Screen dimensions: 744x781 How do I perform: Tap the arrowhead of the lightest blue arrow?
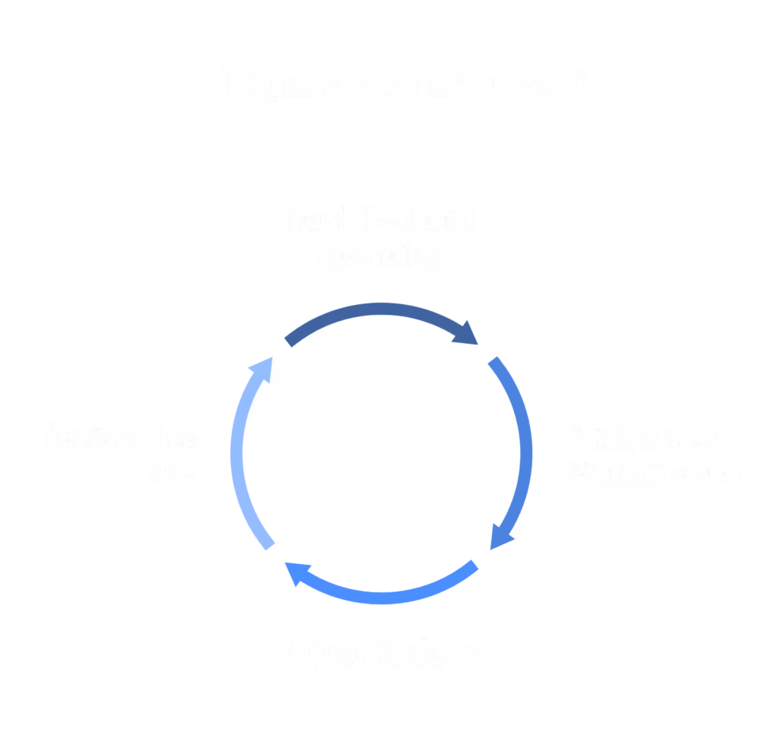(x=262, y=367)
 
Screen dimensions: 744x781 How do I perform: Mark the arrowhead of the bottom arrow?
(x=297, y=574)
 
